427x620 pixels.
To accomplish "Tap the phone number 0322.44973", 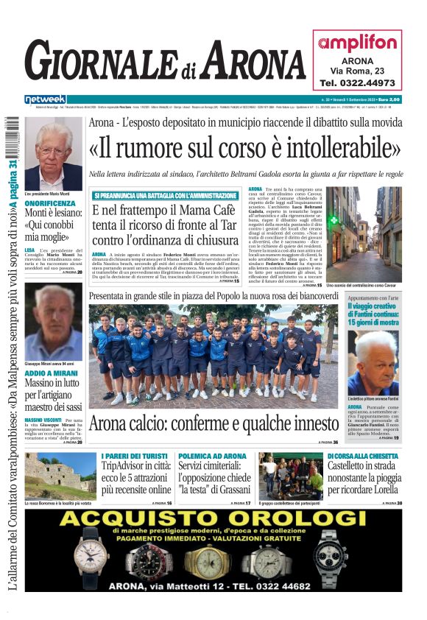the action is pyautogui.click(x=357, y=83).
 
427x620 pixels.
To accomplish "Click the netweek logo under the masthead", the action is pyautogui.click(x=45, y=99).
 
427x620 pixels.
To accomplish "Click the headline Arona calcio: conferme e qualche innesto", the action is pyautogui.click(x=214, y=424).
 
